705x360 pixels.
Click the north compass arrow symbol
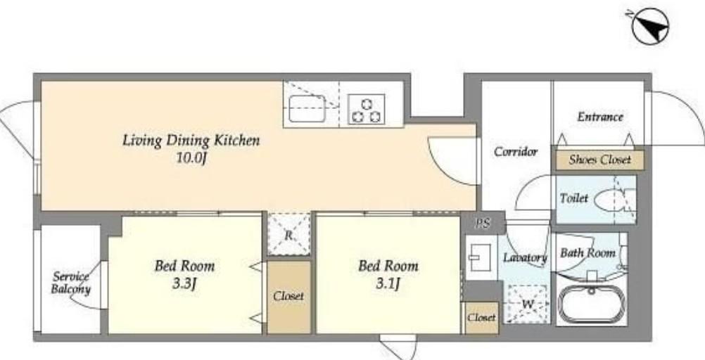(x=649, y=26)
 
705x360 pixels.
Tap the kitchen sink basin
(x=307, y=108)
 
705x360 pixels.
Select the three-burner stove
(x=367, y=109)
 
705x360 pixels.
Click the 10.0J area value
(x=191, y=159)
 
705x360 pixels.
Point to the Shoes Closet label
(x=599, y=160)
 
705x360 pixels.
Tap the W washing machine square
(x=528, y=304)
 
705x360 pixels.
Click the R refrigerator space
(x=288, y=235)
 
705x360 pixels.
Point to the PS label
(x=483, y=224)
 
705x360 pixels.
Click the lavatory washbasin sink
(x=481, y=259)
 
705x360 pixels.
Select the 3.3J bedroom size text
(x=184, y=284)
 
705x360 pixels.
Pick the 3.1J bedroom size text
(x=388, y=284)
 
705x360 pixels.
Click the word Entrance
(x=600, y=117)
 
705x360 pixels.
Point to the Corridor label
(x=516, y=152)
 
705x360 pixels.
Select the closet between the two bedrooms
(x=288, y=297)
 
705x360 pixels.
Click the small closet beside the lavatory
(x=481, y=318)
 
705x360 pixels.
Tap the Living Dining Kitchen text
(x=191, y=140)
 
